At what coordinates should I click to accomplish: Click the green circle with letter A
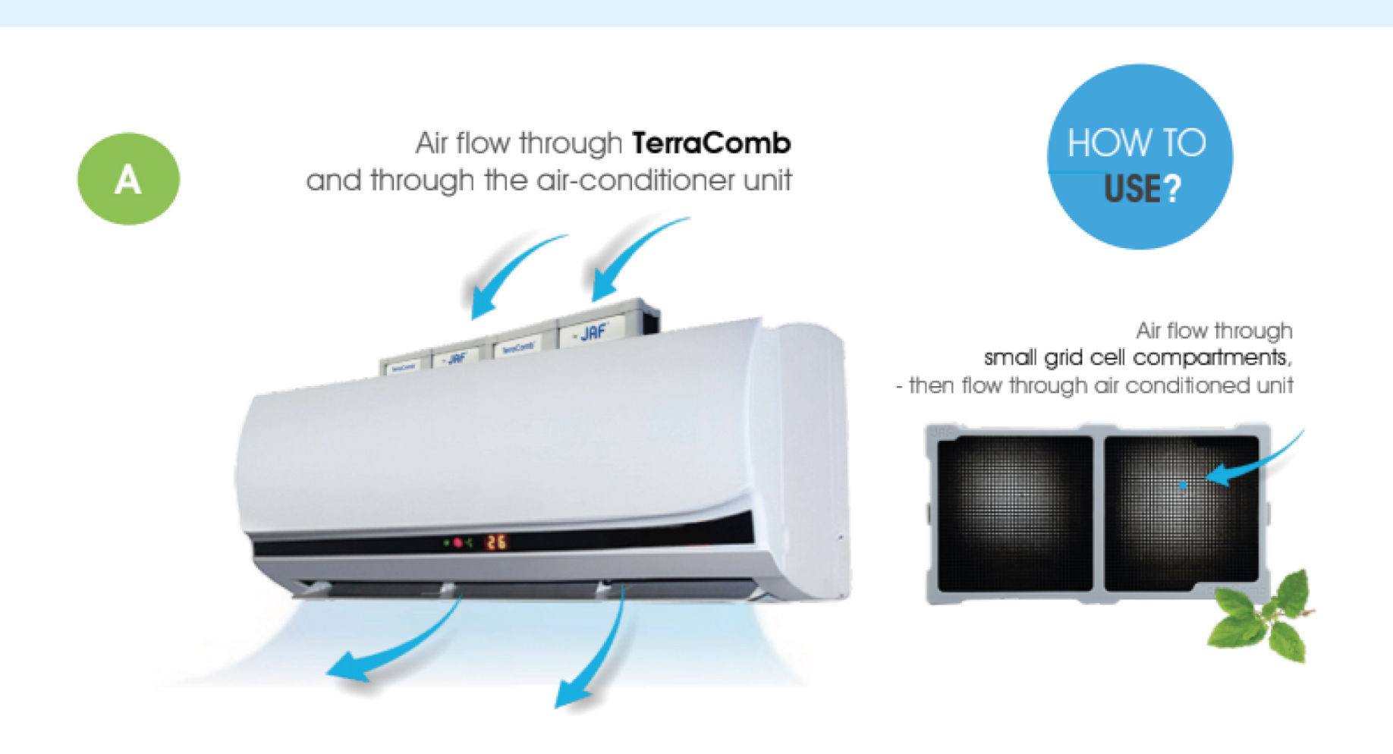click(128, 179)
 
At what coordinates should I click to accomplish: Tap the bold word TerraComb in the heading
click(711, 143)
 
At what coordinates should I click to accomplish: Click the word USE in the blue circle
click(1131, 189)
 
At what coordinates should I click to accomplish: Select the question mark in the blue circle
click(1172, 189)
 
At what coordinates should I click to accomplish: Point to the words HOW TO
click(1136, 143)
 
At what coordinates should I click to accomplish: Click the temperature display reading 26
click(496, 542)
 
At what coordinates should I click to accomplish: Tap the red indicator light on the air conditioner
click(458, 542)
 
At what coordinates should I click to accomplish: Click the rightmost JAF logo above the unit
click(593, 331)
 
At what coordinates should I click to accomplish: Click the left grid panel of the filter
click(1015, 514)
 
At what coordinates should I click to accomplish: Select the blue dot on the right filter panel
click(1182, 484)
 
